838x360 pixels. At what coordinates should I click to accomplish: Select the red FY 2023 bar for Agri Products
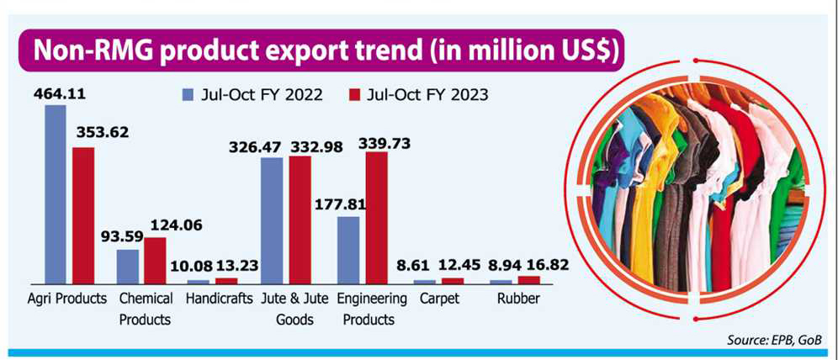83,214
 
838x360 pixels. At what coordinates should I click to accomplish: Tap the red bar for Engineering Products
375,217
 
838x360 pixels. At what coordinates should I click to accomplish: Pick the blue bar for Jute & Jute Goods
272,220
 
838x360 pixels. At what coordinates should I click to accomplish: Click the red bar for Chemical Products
155,260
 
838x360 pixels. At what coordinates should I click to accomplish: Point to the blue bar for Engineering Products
347,249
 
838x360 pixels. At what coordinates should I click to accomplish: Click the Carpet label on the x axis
438,299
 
